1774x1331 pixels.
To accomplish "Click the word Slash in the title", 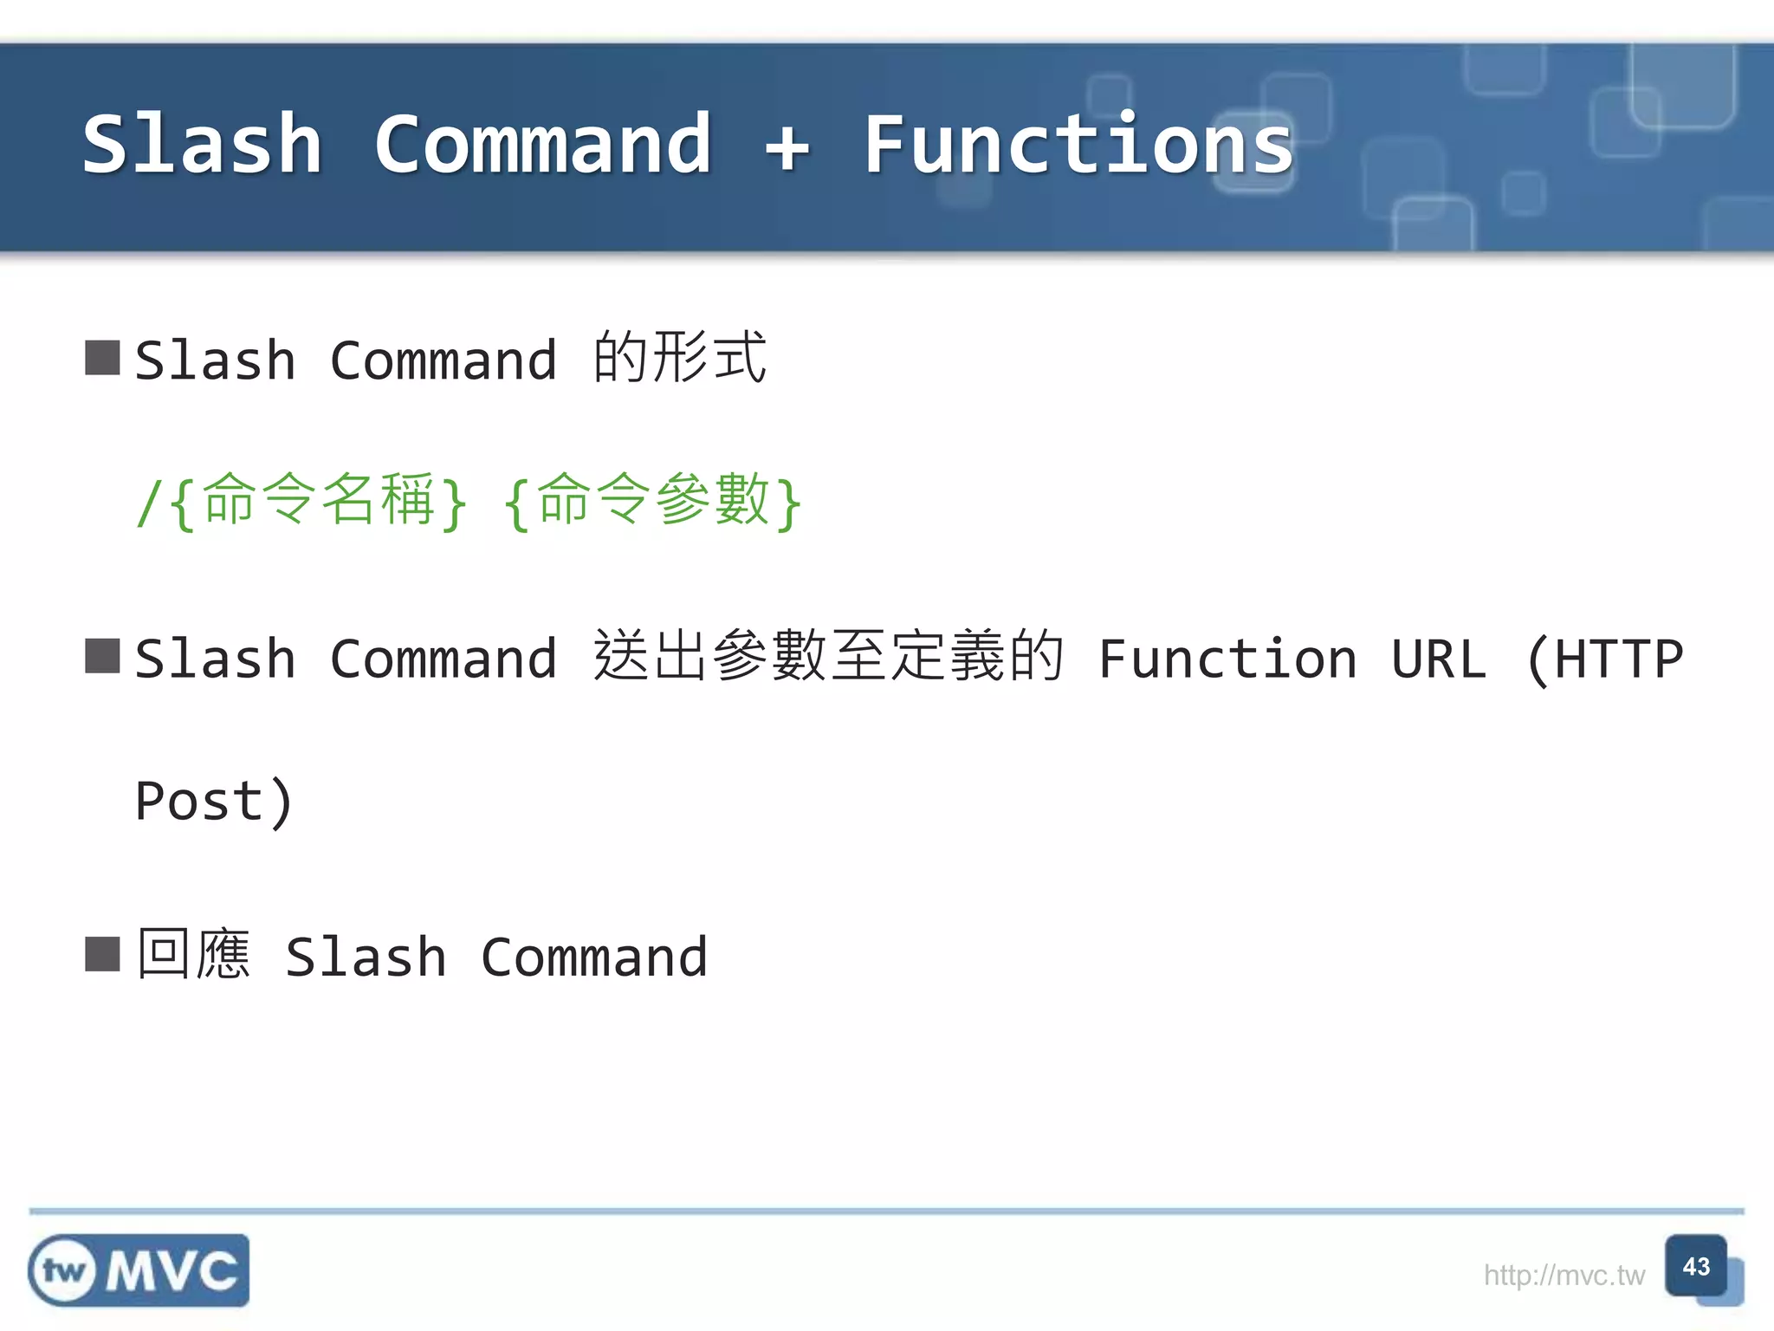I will pos(203,145).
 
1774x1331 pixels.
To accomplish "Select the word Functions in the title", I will pos(1078,145).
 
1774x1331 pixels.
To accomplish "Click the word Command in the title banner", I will pos(543,145).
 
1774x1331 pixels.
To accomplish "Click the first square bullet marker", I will pos(102,358).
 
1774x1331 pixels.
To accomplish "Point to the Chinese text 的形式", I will pos(680,358).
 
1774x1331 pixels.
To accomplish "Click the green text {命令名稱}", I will pos(317,501).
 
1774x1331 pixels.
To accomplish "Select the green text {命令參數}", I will pos(652,501).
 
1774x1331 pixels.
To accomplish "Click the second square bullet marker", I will pos(102,656).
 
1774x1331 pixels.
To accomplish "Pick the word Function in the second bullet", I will pos(1227,659).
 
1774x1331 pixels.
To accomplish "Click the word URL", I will pos(1439,659).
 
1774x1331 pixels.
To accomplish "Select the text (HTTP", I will pos(1604,659).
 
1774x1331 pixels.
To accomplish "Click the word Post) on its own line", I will pos(214,801).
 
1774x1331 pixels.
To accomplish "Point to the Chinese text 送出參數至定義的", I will pos(828,656).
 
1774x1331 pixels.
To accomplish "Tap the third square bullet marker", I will pos(102,955).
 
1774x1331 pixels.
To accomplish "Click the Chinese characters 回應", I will pos(194,955).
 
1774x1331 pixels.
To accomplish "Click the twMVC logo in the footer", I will pos(139,1270).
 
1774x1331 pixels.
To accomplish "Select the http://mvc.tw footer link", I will pos(1564,1276).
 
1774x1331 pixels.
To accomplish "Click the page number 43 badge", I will pos(1696,1267).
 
